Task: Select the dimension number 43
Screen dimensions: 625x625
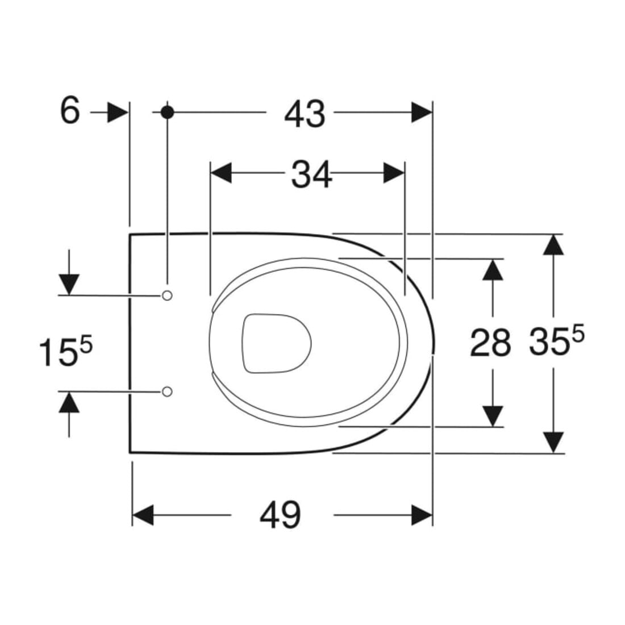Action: click(x=305, y=114)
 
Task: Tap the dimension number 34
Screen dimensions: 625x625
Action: click(x=311, y=174)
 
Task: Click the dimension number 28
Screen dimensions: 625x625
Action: click(x=490, y=343)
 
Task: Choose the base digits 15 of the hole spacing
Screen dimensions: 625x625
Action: click(x=58, y=352)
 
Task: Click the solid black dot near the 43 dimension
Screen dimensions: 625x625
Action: click(x=168, y=113)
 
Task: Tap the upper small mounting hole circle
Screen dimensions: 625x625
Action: click(x=168, y=295)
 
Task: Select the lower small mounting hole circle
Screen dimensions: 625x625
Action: click(x=168, y=391)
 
